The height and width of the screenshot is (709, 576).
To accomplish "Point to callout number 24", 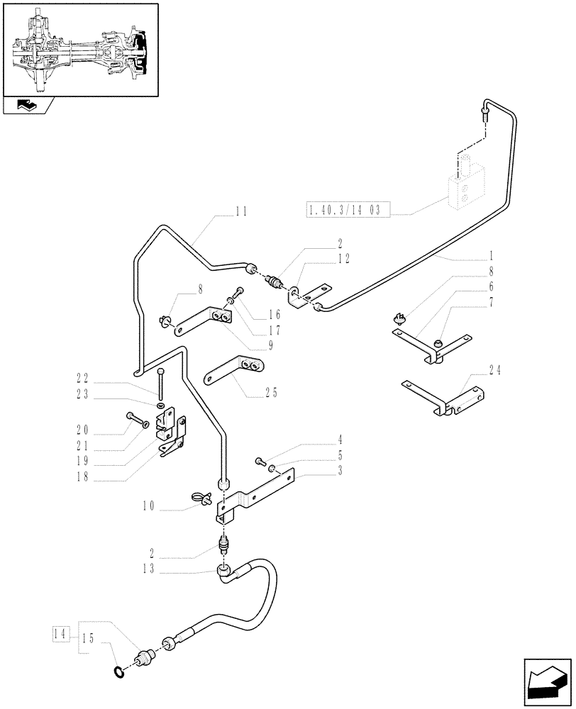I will point(494,369).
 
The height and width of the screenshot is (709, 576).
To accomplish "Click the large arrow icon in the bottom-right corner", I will point(547,679).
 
